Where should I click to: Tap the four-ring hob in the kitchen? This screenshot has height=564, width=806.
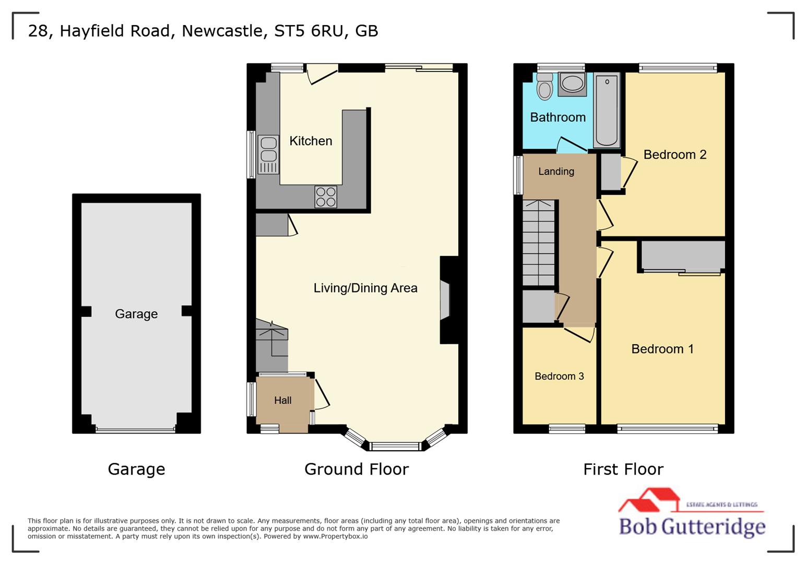coord(326,197)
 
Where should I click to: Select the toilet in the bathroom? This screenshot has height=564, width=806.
coord(544,86)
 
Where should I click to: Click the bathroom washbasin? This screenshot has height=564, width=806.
coord(572,84)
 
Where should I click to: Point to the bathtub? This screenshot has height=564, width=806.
coord(607,110)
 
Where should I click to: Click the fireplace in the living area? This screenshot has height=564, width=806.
coord(445,300)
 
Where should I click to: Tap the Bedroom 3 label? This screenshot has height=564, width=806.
coord(559,377)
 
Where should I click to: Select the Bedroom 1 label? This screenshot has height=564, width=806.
coord(662,349)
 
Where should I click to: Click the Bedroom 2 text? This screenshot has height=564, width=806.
coord(674,155)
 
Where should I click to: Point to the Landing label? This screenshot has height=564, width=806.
coord(556,171)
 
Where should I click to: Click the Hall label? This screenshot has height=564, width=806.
coord(282,401)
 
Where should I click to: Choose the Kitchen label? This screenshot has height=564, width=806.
coord(311,141)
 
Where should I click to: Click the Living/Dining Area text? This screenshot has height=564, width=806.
coord(365,288)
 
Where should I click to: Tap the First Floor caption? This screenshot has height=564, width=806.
coord(623,469)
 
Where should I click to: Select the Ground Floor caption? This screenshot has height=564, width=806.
coord(356,469)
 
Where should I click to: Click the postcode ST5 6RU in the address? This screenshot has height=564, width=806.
coord(309,31)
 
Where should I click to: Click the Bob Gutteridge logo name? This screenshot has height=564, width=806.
coord(692,526)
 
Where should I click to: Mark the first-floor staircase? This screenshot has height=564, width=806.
coord(538,243)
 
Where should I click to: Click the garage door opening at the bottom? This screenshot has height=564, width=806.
coord(136,430)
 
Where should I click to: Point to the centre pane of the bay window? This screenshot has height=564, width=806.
coord(395,446)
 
